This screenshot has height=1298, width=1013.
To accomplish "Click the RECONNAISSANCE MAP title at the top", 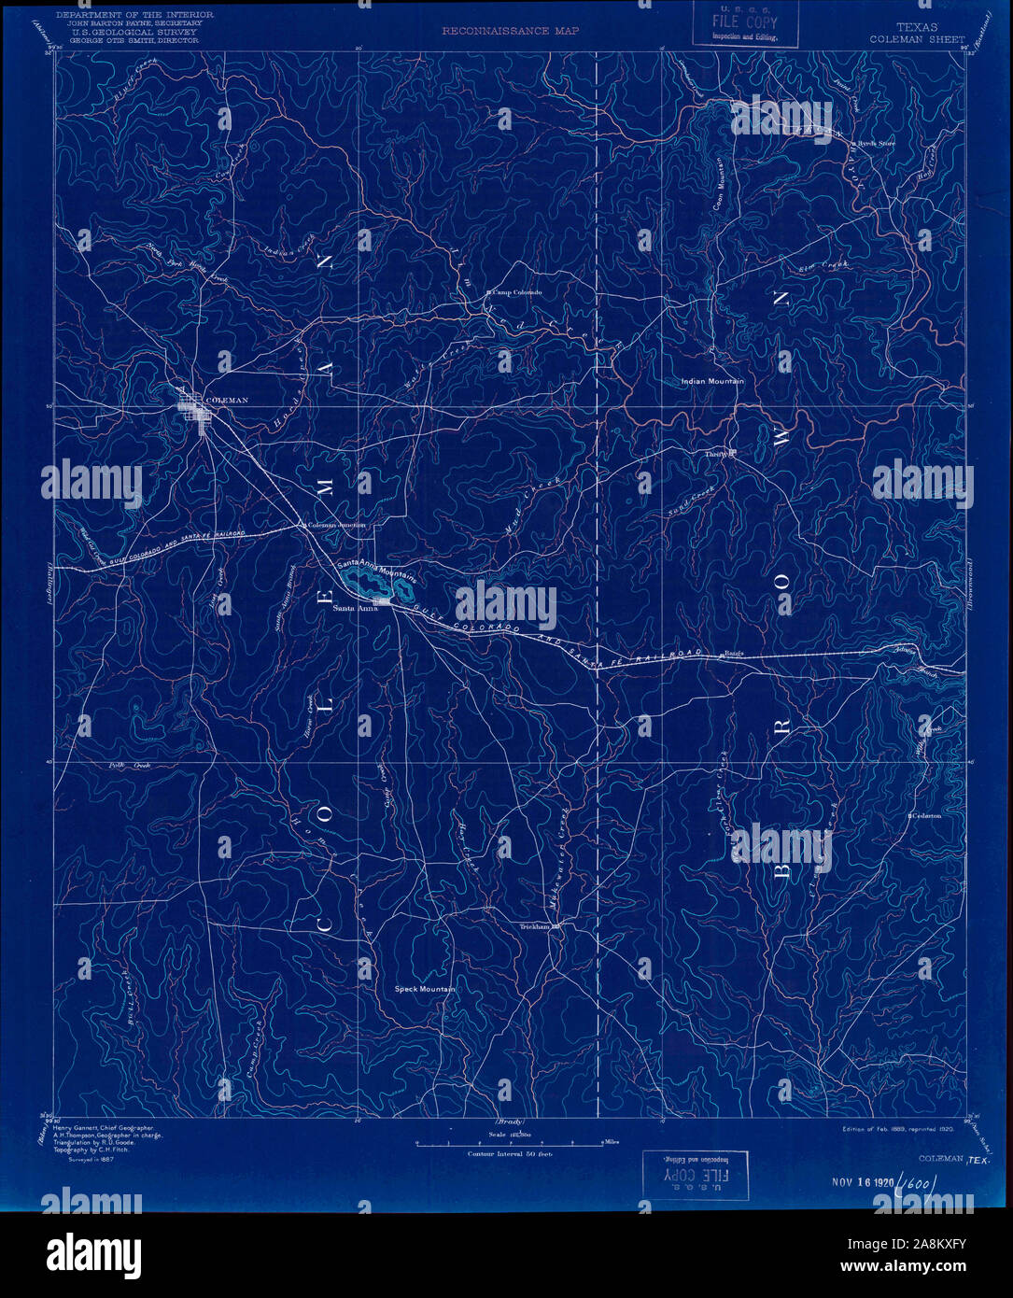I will [510, 31].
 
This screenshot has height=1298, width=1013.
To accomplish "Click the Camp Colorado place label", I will [516, 292].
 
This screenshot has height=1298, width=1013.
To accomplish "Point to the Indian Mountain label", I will [712, 382].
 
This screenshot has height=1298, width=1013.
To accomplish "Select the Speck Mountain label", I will [425, 989].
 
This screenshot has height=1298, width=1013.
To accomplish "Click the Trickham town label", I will [538, 927].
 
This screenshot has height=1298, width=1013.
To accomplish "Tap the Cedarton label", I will [926, 815].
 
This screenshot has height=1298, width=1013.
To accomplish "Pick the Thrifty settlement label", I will [716, 454].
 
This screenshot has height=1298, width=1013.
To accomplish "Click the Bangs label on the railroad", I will [733, 653].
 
